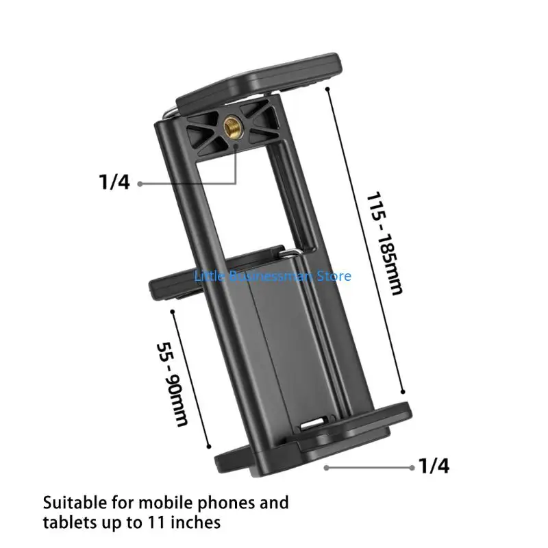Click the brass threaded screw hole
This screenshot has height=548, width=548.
[231, 125]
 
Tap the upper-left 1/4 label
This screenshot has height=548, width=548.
[114, 182]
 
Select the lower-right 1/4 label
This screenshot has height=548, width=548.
[434, 466]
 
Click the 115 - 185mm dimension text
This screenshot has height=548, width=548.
[384, 244]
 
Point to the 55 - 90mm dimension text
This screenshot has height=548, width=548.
[173, 384]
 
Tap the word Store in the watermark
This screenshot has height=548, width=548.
[334, 276]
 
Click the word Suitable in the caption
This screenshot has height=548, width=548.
[75, 503]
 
